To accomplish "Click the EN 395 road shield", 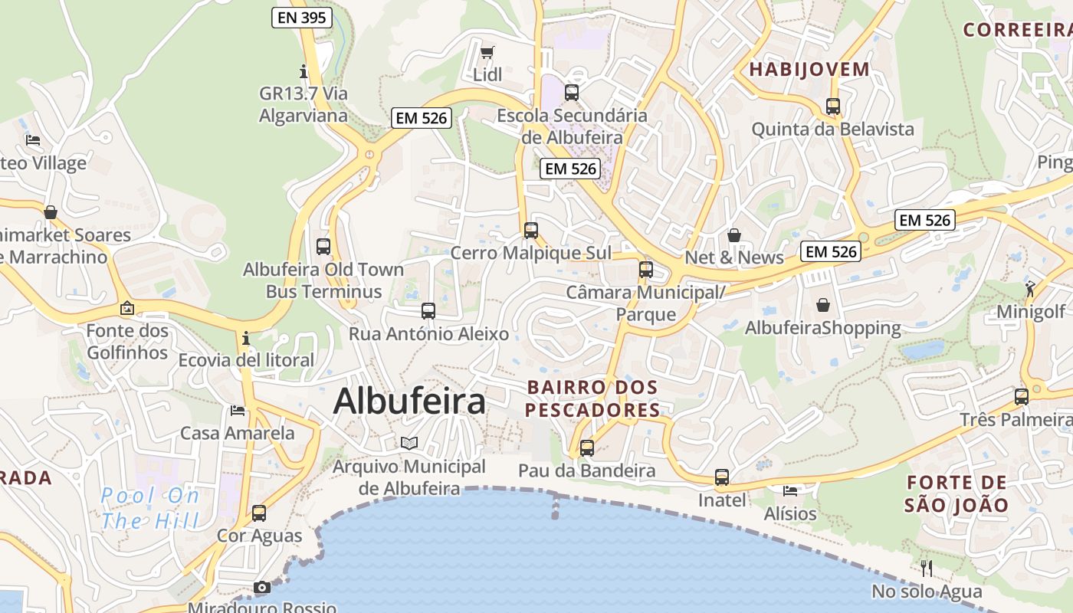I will click(301, 18).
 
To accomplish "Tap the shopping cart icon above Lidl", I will click(487, 52).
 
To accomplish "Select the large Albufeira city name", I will click(409, 401).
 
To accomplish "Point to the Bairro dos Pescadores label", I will click(593, 398).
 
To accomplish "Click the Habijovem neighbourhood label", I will click(809, 69).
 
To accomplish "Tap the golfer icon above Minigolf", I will click(1030, 289).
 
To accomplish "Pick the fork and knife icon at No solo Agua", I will click(927, 568).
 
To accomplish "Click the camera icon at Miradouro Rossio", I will click(262, 587).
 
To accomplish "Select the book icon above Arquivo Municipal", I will click(409, 443).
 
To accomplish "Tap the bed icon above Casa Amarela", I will click(238, 411).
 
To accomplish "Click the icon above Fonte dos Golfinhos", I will click(127, 308).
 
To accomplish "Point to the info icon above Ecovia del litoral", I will click(245, 337).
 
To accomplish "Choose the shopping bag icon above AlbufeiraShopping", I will click(823, 305).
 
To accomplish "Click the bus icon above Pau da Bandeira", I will click(586, 447).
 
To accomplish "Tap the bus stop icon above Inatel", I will click(721, 477).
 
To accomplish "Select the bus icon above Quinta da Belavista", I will click(833, 107).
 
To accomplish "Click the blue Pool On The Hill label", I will click(149, 508).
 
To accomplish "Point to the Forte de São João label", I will click(956, 493).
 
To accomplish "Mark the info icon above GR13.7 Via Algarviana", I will click(304, 71).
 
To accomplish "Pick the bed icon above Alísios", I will click(790, 490).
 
